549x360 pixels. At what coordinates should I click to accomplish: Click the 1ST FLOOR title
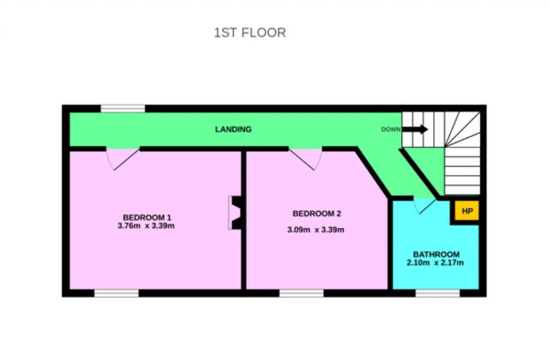pyautogui.click(x=250, y=33)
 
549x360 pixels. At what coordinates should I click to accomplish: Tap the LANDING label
pyautogui.click(x=233, y=129)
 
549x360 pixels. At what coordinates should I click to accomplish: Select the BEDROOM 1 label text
pyautogui.click(x=147, y=217)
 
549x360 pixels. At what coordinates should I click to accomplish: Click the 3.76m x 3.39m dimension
pyautogui.click(x=146, y=225)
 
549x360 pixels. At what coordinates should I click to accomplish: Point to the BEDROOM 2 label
pyautogui.click(x=317, y=213)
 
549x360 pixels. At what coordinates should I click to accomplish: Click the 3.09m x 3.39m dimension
pyautogui.click(x=316, y=230)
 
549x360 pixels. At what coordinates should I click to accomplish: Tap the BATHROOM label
pyautogui.click(x=436, y=254)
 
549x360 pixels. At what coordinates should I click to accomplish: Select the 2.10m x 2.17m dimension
pyautogui.click(x=435, y=263)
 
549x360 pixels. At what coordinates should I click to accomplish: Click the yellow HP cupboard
pyautogui.click(x=467, y=210)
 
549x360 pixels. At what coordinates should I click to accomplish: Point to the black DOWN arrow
pyautogui.click(x=415, y=129)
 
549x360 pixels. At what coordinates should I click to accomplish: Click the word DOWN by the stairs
pyautogui.click(x=391, y=129)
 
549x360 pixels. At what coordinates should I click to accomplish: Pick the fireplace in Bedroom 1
pyautogui.click(x=235, y=213)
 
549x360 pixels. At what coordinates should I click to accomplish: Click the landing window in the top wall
pyautogui.click(x=123, y=108)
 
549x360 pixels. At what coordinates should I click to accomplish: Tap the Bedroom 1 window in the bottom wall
pyautogui.click(x=116, y=293)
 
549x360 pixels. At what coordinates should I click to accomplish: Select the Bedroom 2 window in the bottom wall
pyautogui.click(x=302, y=293)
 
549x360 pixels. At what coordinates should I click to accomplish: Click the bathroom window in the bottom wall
pyautogui.click(x=437, y=293)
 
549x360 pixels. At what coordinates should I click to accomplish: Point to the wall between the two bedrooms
pyautogui.click(x=244, y=220)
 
